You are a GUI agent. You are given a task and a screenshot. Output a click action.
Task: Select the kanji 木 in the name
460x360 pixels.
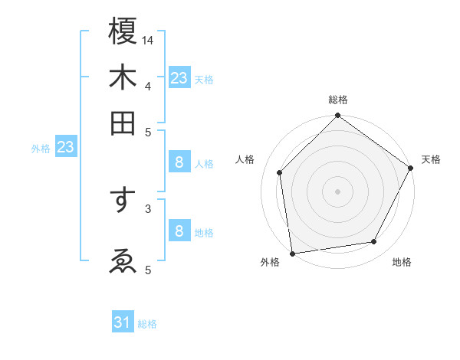pyautogui.click(x=123, y=77)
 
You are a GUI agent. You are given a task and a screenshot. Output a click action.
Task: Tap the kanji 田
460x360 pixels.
pyautogui.click(x=123, y=123)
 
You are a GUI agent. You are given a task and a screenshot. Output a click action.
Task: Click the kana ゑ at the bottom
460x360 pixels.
pyautogui.click(x=123, y=262)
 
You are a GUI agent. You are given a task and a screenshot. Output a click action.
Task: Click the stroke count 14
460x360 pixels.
pyautogui.click(x=148, y=39)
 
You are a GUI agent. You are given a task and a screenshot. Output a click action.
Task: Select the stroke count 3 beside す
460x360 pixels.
pyautogui.click(x=148, y=208)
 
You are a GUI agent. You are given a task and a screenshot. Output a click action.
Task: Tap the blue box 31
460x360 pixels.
pyautogui.click(x=123, y=322)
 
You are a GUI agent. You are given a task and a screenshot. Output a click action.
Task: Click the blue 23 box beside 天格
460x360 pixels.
pyautogui.click(x=179, y=78)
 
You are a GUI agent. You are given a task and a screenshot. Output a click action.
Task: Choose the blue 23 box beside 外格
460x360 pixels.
pyautogui.click(x=65, y=147)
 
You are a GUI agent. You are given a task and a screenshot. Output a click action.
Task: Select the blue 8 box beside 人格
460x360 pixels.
pyautogui.click(x=179, y=162)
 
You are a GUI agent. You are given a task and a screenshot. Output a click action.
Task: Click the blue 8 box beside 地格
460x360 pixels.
pyautogui.click(x=179, y=231)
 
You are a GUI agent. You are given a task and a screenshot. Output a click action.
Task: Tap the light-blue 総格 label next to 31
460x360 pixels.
pyautogui.click(x=147, y=324)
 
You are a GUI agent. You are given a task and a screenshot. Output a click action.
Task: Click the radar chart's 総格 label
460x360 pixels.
pyautogui.click(x=338, y=100)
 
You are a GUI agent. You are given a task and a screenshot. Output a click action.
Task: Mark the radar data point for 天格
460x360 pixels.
pyautogui.click(x=411, y=169)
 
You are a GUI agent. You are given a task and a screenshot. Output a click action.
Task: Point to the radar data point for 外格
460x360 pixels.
pyautogui.click(x=292, y=253)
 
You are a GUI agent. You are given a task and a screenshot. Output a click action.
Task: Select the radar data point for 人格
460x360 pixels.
pyautogui.click(x=280, y=172)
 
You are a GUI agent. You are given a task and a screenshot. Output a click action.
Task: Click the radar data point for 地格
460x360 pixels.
pyautogui.click(x=374, y=241)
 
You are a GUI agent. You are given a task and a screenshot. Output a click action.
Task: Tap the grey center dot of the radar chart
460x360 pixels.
pyautogui.click(x=337, y=191)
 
